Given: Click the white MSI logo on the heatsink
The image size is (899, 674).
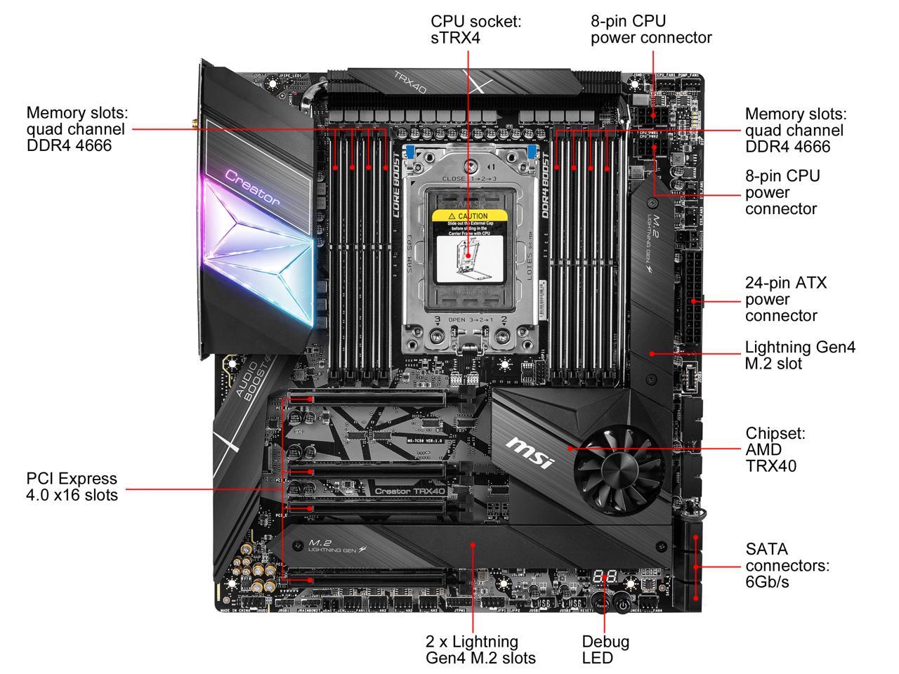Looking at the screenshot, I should [x=530, y=453].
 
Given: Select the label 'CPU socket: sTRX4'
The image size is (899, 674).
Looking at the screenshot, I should [x=476, y=29].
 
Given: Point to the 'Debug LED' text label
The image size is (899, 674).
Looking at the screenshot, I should [x=605, y=649].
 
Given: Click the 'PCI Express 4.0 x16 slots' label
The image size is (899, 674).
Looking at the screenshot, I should [x=72, y=487].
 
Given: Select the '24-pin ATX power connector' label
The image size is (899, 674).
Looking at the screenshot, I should [x=786, y=299].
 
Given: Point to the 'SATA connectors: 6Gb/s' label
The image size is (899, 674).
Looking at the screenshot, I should [x=787, y=565].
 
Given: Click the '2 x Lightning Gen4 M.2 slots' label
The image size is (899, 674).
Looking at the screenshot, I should [x=480, y=649].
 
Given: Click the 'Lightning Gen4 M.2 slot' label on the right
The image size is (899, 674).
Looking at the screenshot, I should [x=800, y=355].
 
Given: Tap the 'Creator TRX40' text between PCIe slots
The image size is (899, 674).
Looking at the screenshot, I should [x=409, y=491].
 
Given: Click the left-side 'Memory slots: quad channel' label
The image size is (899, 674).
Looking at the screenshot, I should [x=76, y=129].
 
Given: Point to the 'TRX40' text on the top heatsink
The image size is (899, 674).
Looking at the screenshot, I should [x=410, y=84].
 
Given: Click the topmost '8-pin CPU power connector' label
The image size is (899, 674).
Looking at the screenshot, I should [x=651, y=29].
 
